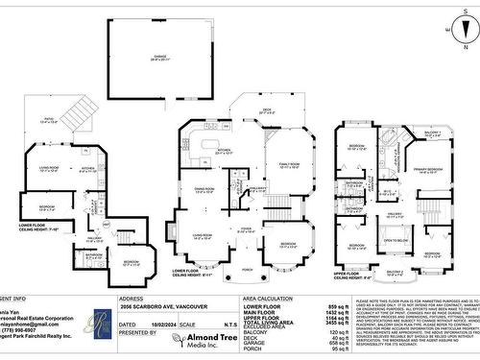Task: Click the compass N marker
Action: tap(451, 29)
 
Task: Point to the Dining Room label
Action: tap(204, 190)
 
